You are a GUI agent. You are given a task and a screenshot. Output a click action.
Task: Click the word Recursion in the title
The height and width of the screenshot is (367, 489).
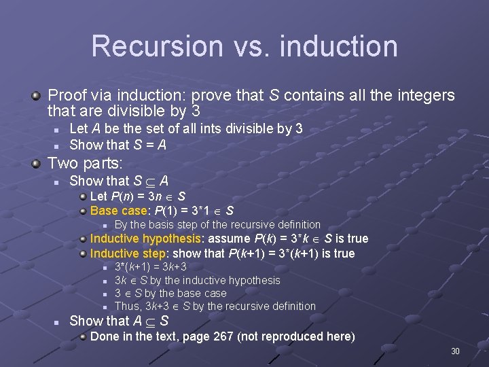click(x=157, y=46)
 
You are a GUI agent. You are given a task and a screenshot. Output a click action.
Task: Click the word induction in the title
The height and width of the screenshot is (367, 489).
click(x=338, y=46)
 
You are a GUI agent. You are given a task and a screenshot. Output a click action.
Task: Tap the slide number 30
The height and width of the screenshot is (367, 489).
click(x=455, y=351)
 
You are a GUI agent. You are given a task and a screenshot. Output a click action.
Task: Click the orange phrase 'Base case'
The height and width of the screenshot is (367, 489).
click(x=119, y=210)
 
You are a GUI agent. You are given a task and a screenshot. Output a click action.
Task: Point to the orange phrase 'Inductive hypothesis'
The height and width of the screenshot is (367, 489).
click(x=145, y=239)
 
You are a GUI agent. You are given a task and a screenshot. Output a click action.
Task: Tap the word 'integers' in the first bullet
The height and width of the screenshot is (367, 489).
click(x=422, y=96)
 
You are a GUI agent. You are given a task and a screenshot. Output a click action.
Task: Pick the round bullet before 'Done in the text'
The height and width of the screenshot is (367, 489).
click(x=82, y=336)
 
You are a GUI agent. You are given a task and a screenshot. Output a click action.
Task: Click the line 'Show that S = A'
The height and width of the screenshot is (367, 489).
click(x=117, y=144)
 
